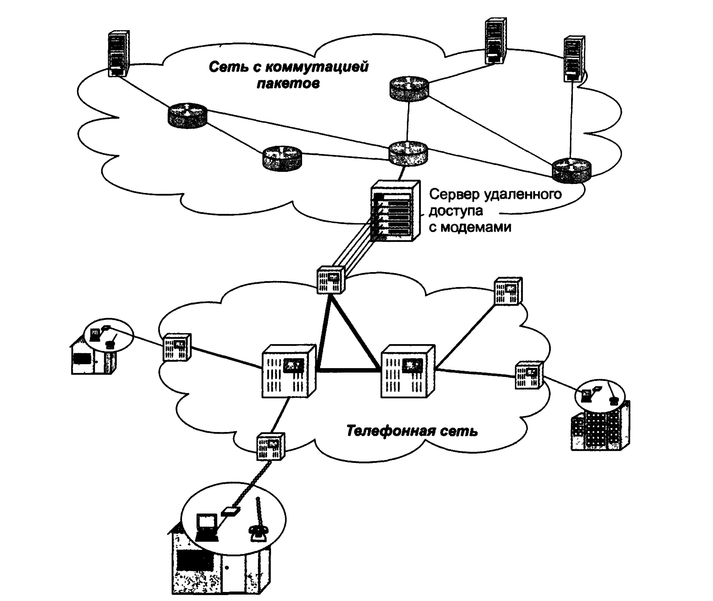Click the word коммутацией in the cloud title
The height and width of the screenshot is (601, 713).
317,67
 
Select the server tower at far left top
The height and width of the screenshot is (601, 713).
118,54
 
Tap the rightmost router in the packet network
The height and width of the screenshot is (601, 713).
571,170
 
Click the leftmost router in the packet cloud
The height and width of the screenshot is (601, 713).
187,115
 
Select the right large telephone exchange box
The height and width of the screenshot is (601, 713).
407,371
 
